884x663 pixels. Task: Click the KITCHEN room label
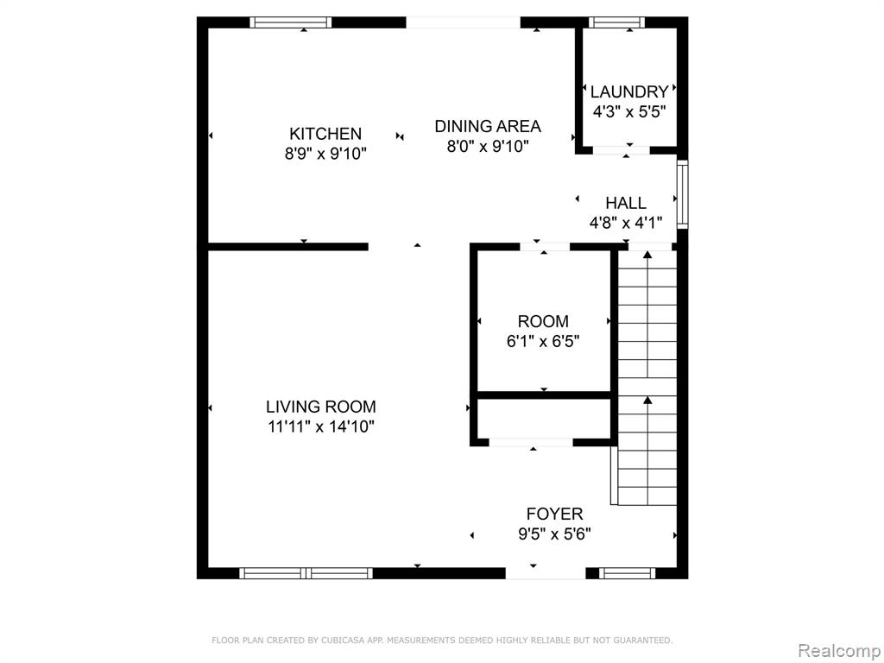325,134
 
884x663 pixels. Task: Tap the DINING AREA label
488,126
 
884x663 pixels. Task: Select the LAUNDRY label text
629,92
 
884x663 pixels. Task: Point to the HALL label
626,203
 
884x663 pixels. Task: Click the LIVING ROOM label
321,407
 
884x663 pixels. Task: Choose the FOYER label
555,514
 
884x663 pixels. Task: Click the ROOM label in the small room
543,321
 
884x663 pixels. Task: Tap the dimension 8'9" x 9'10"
325,154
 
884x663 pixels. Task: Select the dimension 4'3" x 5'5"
629,111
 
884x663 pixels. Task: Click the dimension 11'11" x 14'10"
321,426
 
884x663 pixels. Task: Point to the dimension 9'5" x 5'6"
555,534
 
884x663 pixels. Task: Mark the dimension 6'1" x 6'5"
543,341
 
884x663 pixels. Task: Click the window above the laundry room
616,22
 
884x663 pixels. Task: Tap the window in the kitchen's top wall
290,22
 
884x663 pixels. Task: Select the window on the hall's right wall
682,194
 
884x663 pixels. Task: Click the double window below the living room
306,573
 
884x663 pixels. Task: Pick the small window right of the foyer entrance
627,573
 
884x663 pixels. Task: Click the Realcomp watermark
839,651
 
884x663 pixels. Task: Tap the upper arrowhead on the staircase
647,255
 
